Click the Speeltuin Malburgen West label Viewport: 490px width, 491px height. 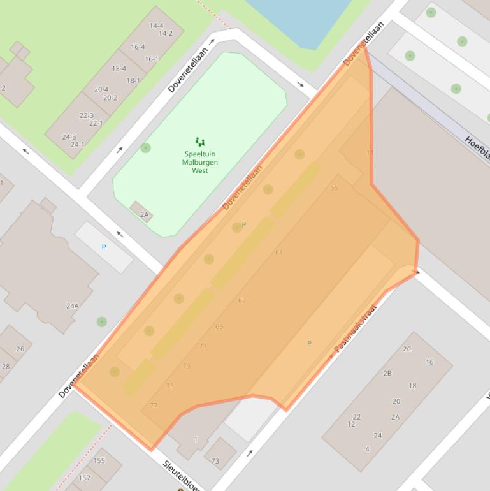click(x=200, y=162)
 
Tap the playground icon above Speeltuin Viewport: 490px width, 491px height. click(x=200, y=142)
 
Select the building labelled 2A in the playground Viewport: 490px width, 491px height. click(x=143, y=214)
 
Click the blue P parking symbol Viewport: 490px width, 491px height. click(x=104, y=247)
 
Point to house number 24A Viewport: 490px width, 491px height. click(x=73, y=306)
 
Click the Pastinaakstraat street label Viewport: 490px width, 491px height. click(x=356, y=328)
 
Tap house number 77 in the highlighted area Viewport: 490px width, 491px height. click(x=154, y=405)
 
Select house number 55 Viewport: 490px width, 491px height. click(x=335, y=188)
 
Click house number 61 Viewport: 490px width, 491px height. click(x=278, y=253)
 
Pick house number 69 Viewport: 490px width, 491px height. click(x=219, y=326)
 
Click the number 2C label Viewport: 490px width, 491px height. click(x=407, y=349)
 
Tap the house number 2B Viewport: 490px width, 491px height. click(x=387, y=373)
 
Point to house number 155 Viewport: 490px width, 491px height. click(x=99, y=460)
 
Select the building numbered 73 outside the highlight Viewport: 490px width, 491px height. click(x=215, y=461)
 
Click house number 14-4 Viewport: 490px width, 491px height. click(x=156, y=26)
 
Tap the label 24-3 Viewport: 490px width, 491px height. click(x=69, y=137)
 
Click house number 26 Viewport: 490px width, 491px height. click(x=20, y=349)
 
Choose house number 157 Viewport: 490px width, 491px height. click(x=84, y=478)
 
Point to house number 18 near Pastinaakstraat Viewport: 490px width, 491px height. click(x=412, y=386)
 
